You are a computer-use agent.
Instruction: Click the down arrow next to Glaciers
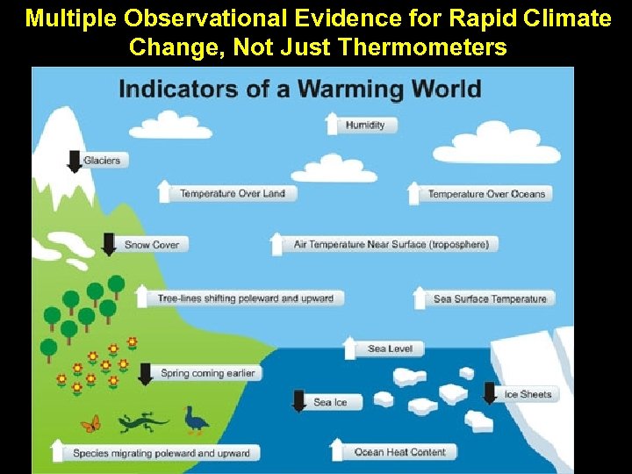pyautogui.click(x=75, y=161)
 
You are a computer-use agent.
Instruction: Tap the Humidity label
pyautogui.click(x=365, y=126)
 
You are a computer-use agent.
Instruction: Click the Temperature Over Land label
pyautogui.click(x=233, y=194)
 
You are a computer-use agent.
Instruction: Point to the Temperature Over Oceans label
pyautogui.click(x=486, y=195)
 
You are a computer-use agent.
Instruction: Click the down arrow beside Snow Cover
pyautogui.click(x=109, y=244)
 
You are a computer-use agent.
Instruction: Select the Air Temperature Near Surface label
pyautogui.click(x=391, y=244)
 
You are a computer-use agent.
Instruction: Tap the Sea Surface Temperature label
pyautogui.click(x=490, y=299)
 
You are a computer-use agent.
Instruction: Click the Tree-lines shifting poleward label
pyautogui.click(x=246, y=298)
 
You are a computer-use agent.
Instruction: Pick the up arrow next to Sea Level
pyautogui.click(x=350, y=348)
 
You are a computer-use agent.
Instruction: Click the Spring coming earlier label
pyautogui.click(x=208, y=373)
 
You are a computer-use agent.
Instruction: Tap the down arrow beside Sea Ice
pyautogui.click(x=298, y=400)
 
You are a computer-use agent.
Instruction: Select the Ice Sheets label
pyautogui.click(x=528, y=395)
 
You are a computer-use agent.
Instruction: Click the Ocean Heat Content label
pyautogui.click(x=399, y=452)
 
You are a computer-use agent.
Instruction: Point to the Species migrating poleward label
pyautogui.click(x=162, y=454)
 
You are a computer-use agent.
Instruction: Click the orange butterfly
pyautogui.click(x=90, y=424)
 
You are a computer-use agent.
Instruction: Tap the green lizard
pyautogui.click(x=141, y=422)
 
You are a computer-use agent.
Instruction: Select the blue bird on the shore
pyautogui.click(x=196, y=420)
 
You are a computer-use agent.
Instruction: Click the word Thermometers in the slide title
pyautogui.click(x=422, y=47)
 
